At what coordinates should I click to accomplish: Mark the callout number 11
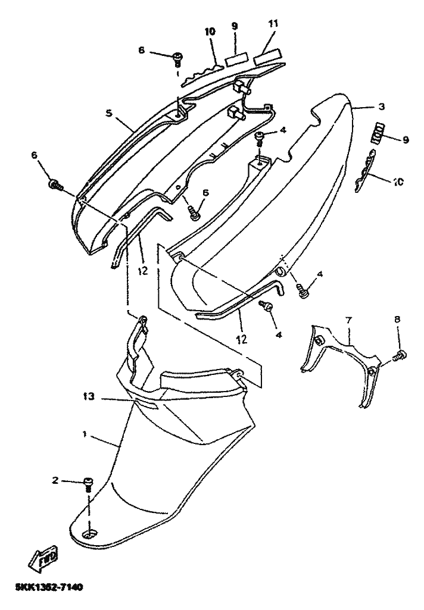(x=273, y=24)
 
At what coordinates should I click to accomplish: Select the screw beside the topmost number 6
(x=177, y=58)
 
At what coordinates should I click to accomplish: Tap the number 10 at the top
(x=210, y=31)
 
